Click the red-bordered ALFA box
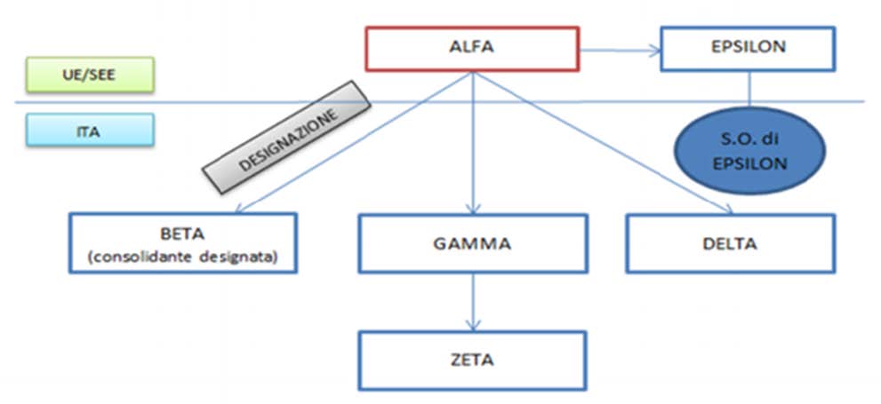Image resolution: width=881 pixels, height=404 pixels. pos(472,49)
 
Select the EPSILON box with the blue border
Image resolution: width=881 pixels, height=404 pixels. pos(748,49)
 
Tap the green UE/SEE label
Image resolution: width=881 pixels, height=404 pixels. pos(90,75)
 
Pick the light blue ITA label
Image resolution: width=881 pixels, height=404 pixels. pos(90,130)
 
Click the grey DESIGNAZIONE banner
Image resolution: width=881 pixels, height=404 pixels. pos(286,138)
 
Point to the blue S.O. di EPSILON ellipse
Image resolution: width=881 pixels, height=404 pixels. pos(749,150)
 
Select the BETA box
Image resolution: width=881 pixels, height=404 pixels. pos(183,243)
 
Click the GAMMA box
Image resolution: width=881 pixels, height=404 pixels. pos(473,243)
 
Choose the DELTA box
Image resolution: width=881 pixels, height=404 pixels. pos(731,243)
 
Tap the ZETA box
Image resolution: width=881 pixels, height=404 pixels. pos(473,360)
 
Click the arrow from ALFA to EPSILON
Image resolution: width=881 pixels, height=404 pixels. pos(620,51)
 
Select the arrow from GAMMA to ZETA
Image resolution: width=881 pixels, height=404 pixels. pos(473,302)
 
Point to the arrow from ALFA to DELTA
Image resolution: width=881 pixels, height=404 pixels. pos(604,143)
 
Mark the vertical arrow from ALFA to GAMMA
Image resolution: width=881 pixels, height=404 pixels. pos(473,143)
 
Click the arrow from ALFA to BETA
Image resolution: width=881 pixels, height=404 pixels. pos(354,143)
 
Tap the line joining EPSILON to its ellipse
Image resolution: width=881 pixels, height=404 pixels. pos(749,89)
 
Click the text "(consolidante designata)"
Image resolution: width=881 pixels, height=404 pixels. pos(183,257)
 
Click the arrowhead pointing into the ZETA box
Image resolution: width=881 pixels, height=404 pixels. pos(473,325)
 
